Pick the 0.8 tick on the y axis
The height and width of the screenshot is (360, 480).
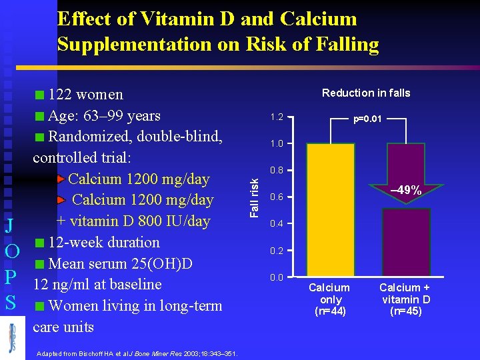pyautogui.click(x=276, y=171)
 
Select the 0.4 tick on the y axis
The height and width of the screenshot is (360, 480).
pyautogui.click(x=276, y=223)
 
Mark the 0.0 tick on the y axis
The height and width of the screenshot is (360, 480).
pyautogui.click(x=276, y=277)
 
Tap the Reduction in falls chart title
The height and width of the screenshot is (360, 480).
pyautogui.click(x=366, y=93)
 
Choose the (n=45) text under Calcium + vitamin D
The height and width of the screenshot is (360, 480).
pyautogui.click(x=405, y=311)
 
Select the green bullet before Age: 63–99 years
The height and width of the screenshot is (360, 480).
pyautogui.click(x=41, y=117)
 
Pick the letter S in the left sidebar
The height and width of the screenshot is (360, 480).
pyautogui.click(x=10, y=302)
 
